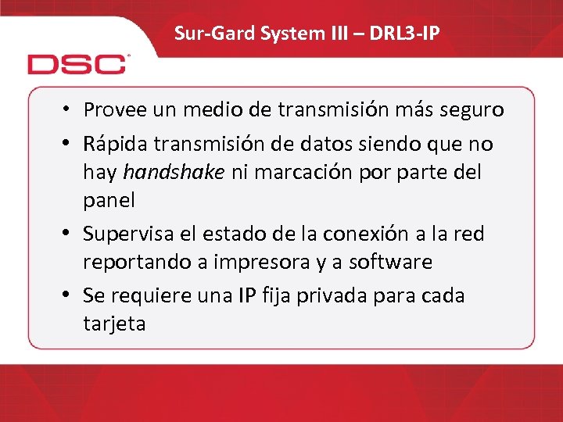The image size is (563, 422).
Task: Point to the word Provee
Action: [115, 109]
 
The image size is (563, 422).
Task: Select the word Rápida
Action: [117, 144]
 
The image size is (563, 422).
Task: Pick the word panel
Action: [109, 200]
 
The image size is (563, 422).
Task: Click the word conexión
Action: [369, 234]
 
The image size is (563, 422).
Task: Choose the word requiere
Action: [149, 296]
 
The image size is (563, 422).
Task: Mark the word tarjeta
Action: [114, 324]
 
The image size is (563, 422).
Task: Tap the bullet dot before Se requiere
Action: [70, 296]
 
